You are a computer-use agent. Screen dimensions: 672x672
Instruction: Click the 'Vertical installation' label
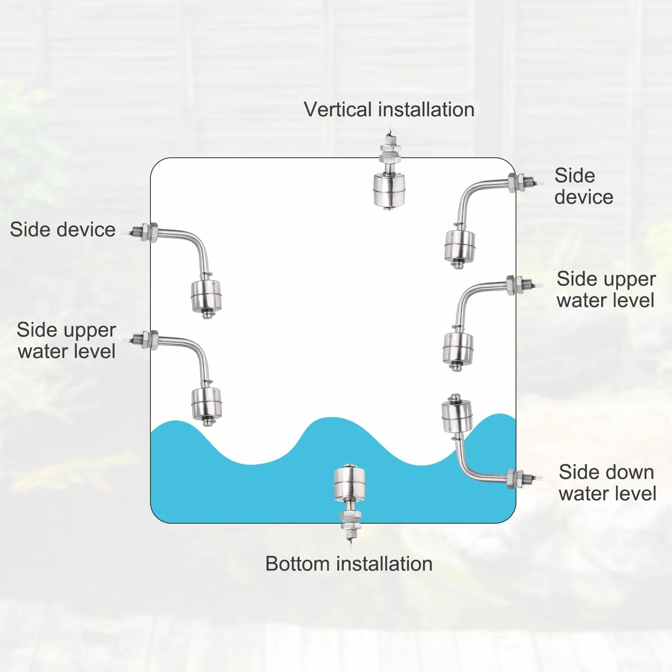(x=389, y=110)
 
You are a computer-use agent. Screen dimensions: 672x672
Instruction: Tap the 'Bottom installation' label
(x=349, y=564)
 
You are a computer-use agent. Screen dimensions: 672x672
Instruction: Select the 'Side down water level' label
(x=607, y=483)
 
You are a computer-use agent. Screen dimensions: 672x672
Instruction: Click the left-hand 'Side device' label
(x=63, y=230)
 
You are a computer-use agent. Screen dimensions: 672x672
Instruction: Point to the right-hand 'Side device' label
(x=584, y=186)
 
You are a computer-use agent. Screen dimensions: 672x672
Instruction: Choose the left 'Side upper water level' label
(x=66, y=341)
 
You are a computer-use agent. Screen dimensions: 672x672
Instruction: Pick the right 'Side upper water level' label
(x=606, y=290)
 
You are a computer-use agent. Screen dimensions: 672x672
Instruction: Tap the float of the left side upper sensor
(x=206, y=404)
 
